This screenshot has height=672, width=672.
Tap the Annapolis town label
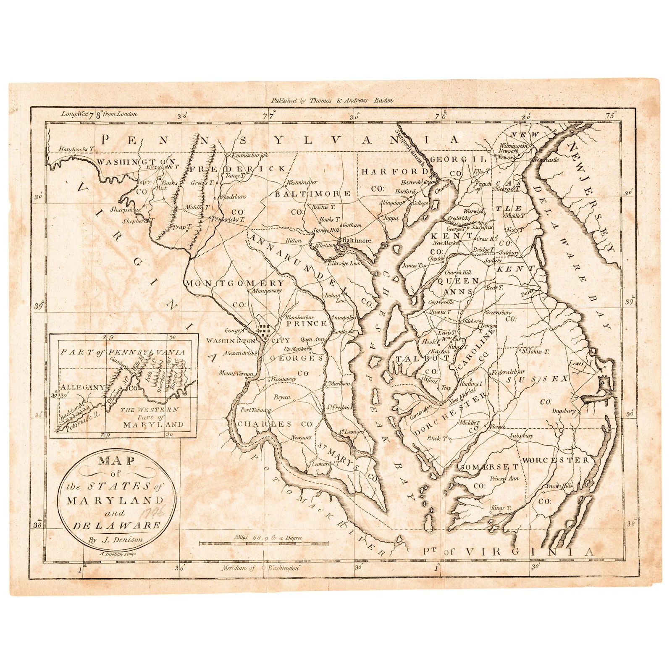[x=343, y=318]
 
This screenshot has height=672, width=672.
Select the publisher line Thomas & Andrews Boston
[x=332, y=100]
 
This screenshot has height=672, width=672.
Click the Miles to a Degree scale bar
[x=263, y=544]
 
